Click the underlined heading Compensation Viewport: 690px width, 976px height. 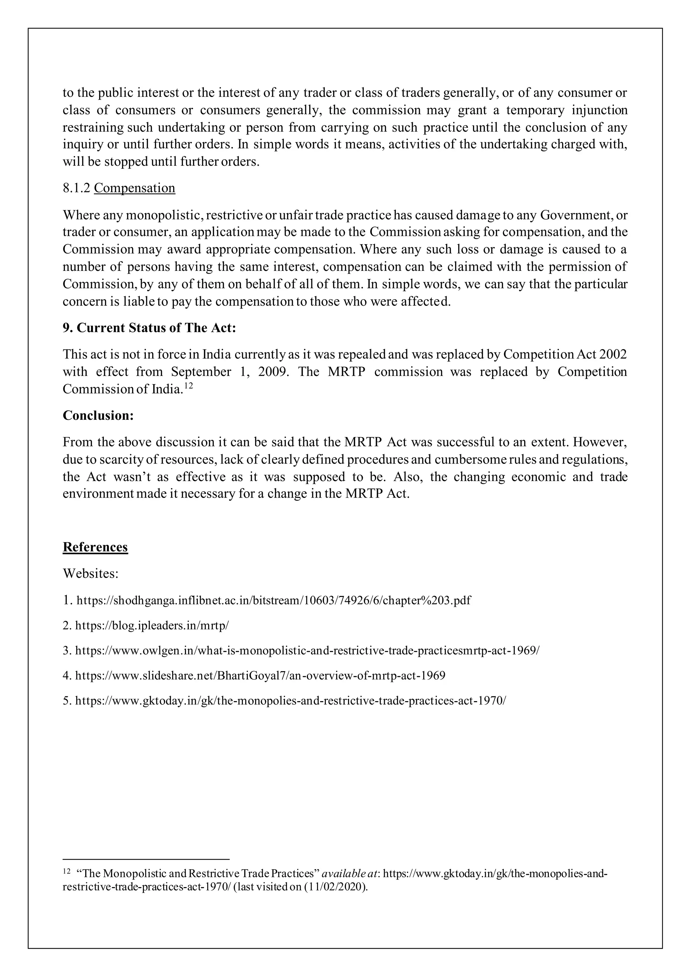134,188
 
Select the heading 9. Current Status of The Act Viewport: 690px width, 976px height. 149,328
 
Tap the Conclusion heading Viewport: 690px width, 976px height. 98,415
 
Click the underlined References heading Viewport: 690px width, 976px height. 95,547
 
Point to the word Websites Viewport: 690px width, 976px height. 91,573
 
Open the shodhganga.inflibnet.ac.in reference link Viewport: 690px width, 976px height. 273,601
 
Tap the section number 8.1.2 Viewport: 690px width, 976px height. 76,188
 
